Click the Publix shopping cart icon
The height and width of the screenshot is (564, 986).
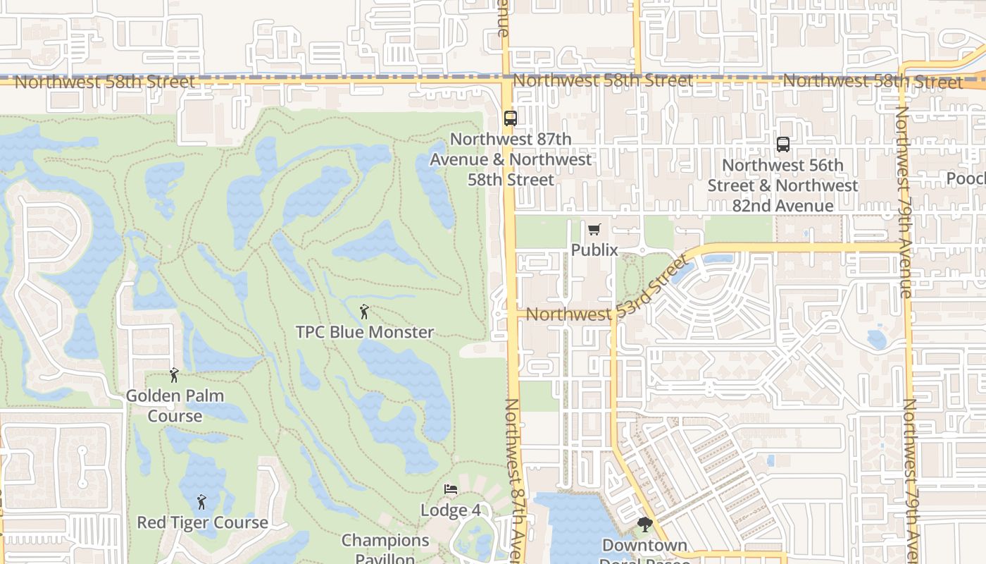coord(594,229)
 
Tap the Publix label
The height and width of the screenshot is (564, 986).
coord(594,250)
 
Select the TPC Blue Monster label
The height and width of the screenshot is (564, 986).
coord(364,332)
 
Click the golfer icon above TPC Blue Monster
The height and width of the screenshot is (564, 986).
coord(364,311)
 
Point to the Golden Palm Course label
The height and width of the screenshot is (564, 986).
coord(175,406)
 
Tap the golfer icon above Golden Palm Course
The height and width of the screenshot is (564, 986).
coord(174,375)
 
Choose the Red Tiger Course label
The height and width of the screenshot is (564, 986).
coord(202,522)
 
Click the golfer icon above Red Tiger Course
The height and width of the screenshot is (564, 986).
coord(201,502)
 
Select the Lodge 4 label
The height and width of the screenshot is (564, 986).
coord(451,510)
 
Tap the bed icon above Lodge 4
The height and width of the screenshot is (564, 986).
coord(451,489)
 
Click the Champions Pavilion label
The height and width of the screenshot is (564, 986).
coord(385,549)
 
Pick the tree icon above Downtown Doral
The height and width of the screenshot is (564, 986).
coord(644,525)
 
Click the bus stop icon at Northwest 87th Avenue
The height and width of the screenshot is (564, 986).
coord(511,118)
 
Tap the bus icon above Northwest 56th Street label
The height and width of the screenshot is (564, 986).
coord(782,145)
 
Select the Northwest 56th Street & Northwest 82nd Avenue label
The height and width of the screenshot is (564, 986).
coord(782,185)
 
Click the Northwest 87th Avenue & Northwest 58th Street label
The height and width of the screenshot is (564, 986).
coord(511,159)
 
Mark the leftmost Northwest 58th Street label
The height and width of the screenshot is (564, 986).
coord(104,82)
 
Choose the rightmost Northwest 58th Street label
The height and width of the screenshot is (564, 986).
coord(873,82)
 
